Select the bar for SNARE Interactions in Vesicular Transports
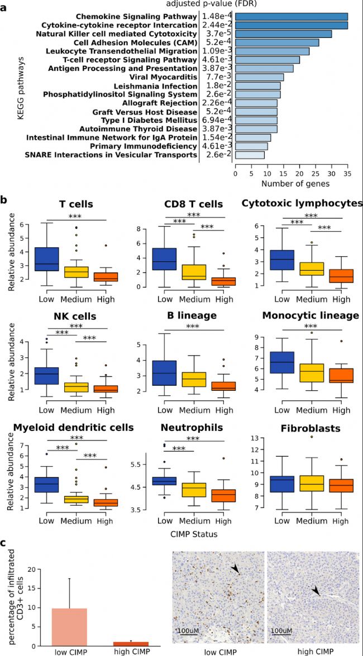250,155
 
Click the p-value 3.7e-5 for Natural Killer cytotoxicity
217,34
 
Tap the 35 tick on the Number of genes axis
347,173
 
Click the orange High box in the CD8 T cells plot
211,281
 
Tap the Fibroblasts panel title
303,428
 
